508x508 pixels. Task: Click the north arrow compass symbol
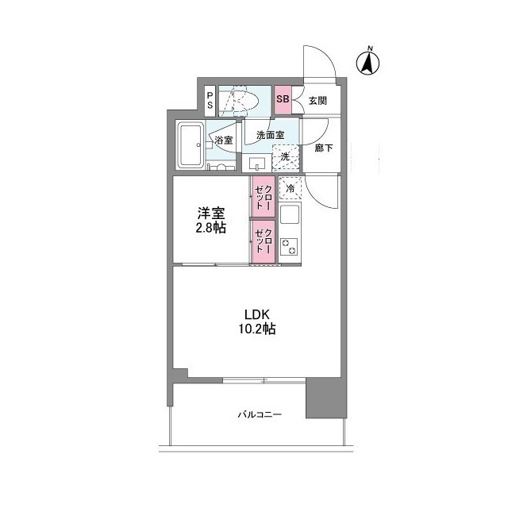(x=369, y=62)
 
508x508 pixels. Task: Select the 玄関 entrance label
(x=318, y=101)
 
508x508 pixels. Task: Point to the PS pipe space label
(x=210, y=100)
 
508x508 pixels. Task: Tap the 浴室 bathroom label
(x=223, y=140)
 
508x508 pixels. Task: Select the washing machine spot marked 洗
(x=285, y=157)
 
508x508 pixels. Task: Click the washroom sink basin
(x=257, y=164)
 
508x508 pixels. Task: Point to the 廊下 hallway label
(x=323, y=148)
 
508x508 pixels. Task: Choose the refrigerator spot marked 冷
(x=290, y=190)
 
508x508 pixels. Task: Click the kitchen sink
(x=290, y=215)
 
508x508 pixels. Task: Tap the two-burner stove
(x=290, y=247)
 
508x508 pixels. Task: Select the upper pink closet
(x=263, y=198)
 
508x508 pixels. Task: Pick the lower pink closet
(x=263, y=241)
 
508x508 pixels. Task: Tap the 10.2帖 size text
(x=259, y=328)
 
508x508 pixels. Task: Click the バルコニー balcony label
(x=260, y=414)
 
